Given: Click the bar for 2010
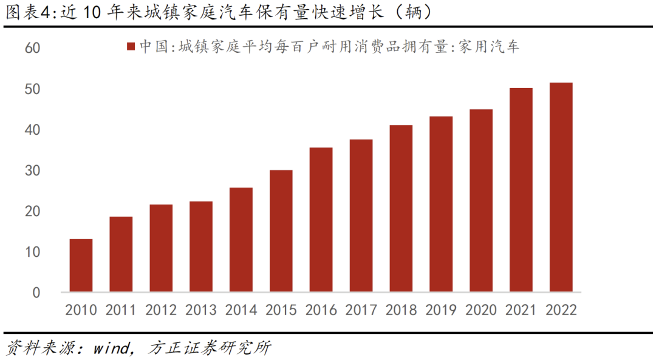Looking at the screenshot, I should pyautogui.click(x=81, y=265).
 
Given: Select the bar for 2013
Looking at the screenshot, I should pyautogui.click(x=201, y=246).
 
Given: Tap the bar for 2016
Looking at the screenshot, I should pyautogui.click(x=321, y=220).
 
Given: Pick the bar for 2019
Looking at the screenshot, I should pyautogui.click(x=441, y=204).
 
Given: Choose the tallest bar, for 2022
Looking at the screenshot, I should pyautogui.click(x=561, y=187).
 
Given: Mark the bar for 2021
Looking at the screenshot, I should pyautogui.click(x=521, y=190).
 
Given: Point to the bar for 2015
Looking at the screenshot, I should pyautogui.click(x=281, y=231).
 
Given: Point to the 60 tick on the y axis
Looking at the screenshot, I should pyautogui.click(x=32, y=48).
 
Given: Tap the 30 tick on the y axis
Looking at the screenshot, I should pyautogui.click(x=32, y=171).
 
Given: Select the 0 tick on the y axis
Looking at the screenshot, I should pyautogui.click(x=36, y=293).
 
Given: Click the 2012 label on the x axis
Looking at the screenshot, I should pyautogui.click(x=161, y=310).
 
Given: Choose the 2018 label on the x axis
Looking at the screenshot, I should pyautogui.click(x=401, y=310).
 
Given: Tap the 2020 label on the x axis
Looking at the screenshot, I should pyautogui.click(x=481, y=310).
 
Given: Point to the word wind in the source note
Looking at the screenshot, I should pyautogui.click(x=112, y=348).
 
